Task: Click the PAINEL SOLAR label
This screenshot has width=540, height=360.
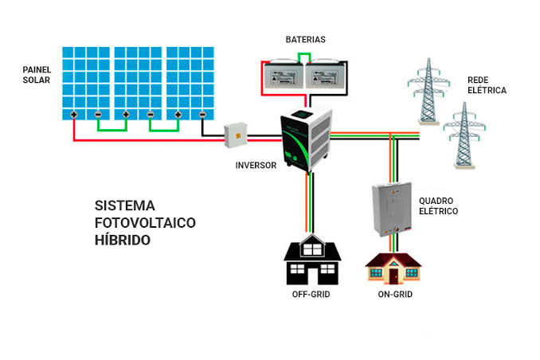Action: [37, 76]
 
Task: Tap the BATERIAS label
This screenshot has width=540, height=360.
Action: [306, 39]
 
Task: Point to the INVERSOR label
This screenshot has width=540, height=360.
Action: [255, 166]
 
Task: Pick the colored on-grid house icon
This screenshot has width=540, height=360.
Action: [393, 268]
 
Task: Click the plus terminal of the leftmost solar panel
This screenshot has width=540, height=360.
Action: [73, 114]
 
